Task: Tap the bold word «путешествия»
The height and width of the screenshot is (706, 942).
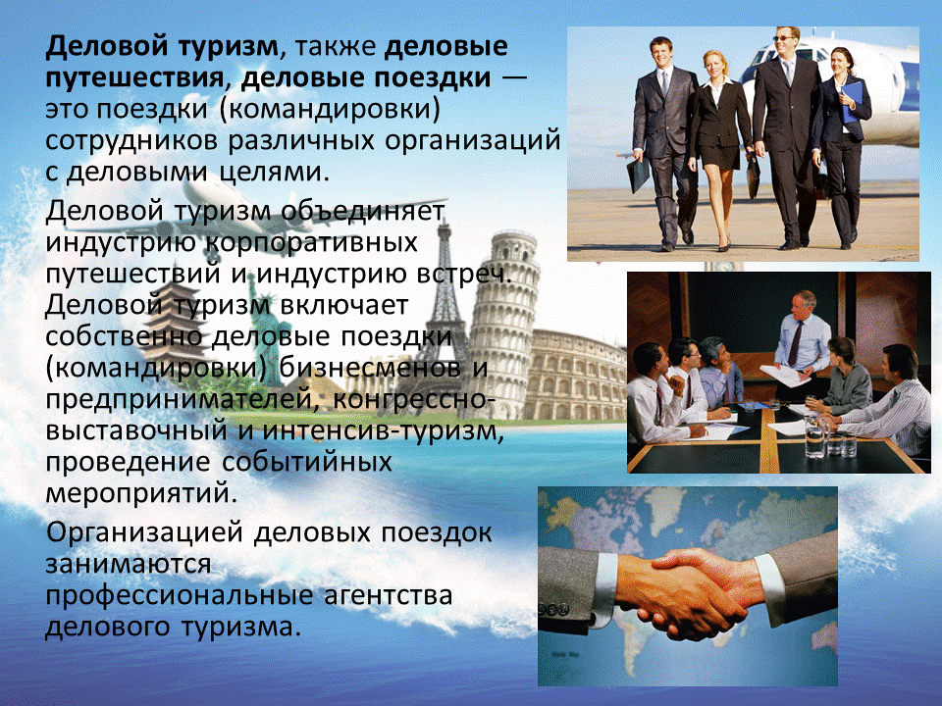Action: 133,76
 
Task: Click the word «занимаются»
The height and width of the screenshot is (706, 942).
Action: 129,564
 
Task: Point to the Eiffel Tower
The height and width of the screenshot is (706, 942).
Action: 447,294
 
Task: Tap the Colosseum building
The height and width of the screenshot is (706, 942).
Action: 578,373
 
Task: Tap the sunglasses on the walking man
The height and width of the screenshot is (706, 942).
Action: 786,38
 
